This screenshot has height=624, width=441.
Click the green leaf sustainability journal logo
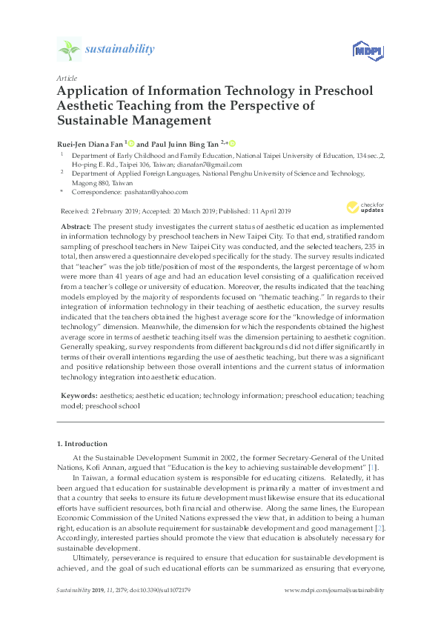pos(69,50)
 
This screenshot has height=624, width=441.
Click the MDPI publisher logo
pos(361,50)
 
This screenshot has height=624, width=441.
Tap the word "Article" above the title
pos(67,77)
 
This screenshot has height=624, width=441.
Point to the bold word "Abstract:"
pos(76,223)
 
